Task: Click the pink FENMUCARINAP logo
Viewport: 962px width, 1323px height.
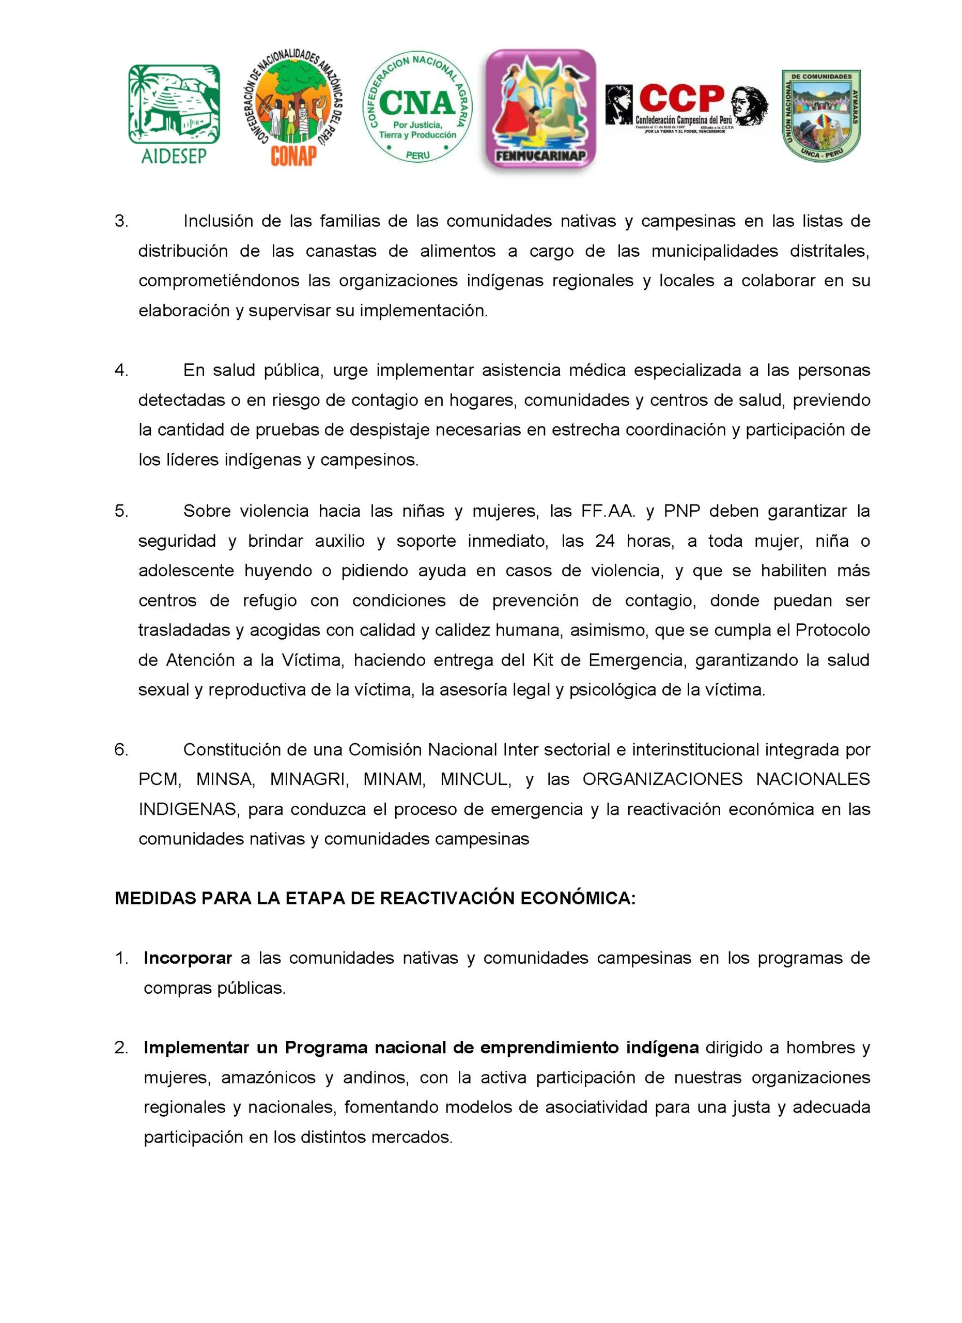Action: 540,109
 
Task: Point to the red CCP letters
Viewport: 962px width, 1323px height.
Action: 681,98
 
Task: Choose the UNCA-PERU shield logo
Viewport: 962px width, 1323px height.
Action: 821,115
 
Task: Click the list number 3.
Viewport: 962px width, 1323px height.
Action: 121,221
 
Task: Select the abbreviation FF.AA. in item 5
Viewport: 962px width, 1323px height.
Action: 608,511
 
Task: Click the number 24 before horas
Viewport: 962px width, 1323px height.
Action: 604,541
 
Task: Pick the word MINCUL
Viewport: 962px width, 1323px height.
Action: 475,779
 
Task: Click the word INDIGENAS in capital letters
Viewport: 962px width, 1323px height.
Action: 188,809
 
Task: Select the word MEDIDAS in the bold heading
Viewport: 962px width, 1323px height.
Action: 155,898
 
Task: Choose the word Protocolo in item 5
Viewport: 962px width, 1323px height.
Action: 832,630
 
